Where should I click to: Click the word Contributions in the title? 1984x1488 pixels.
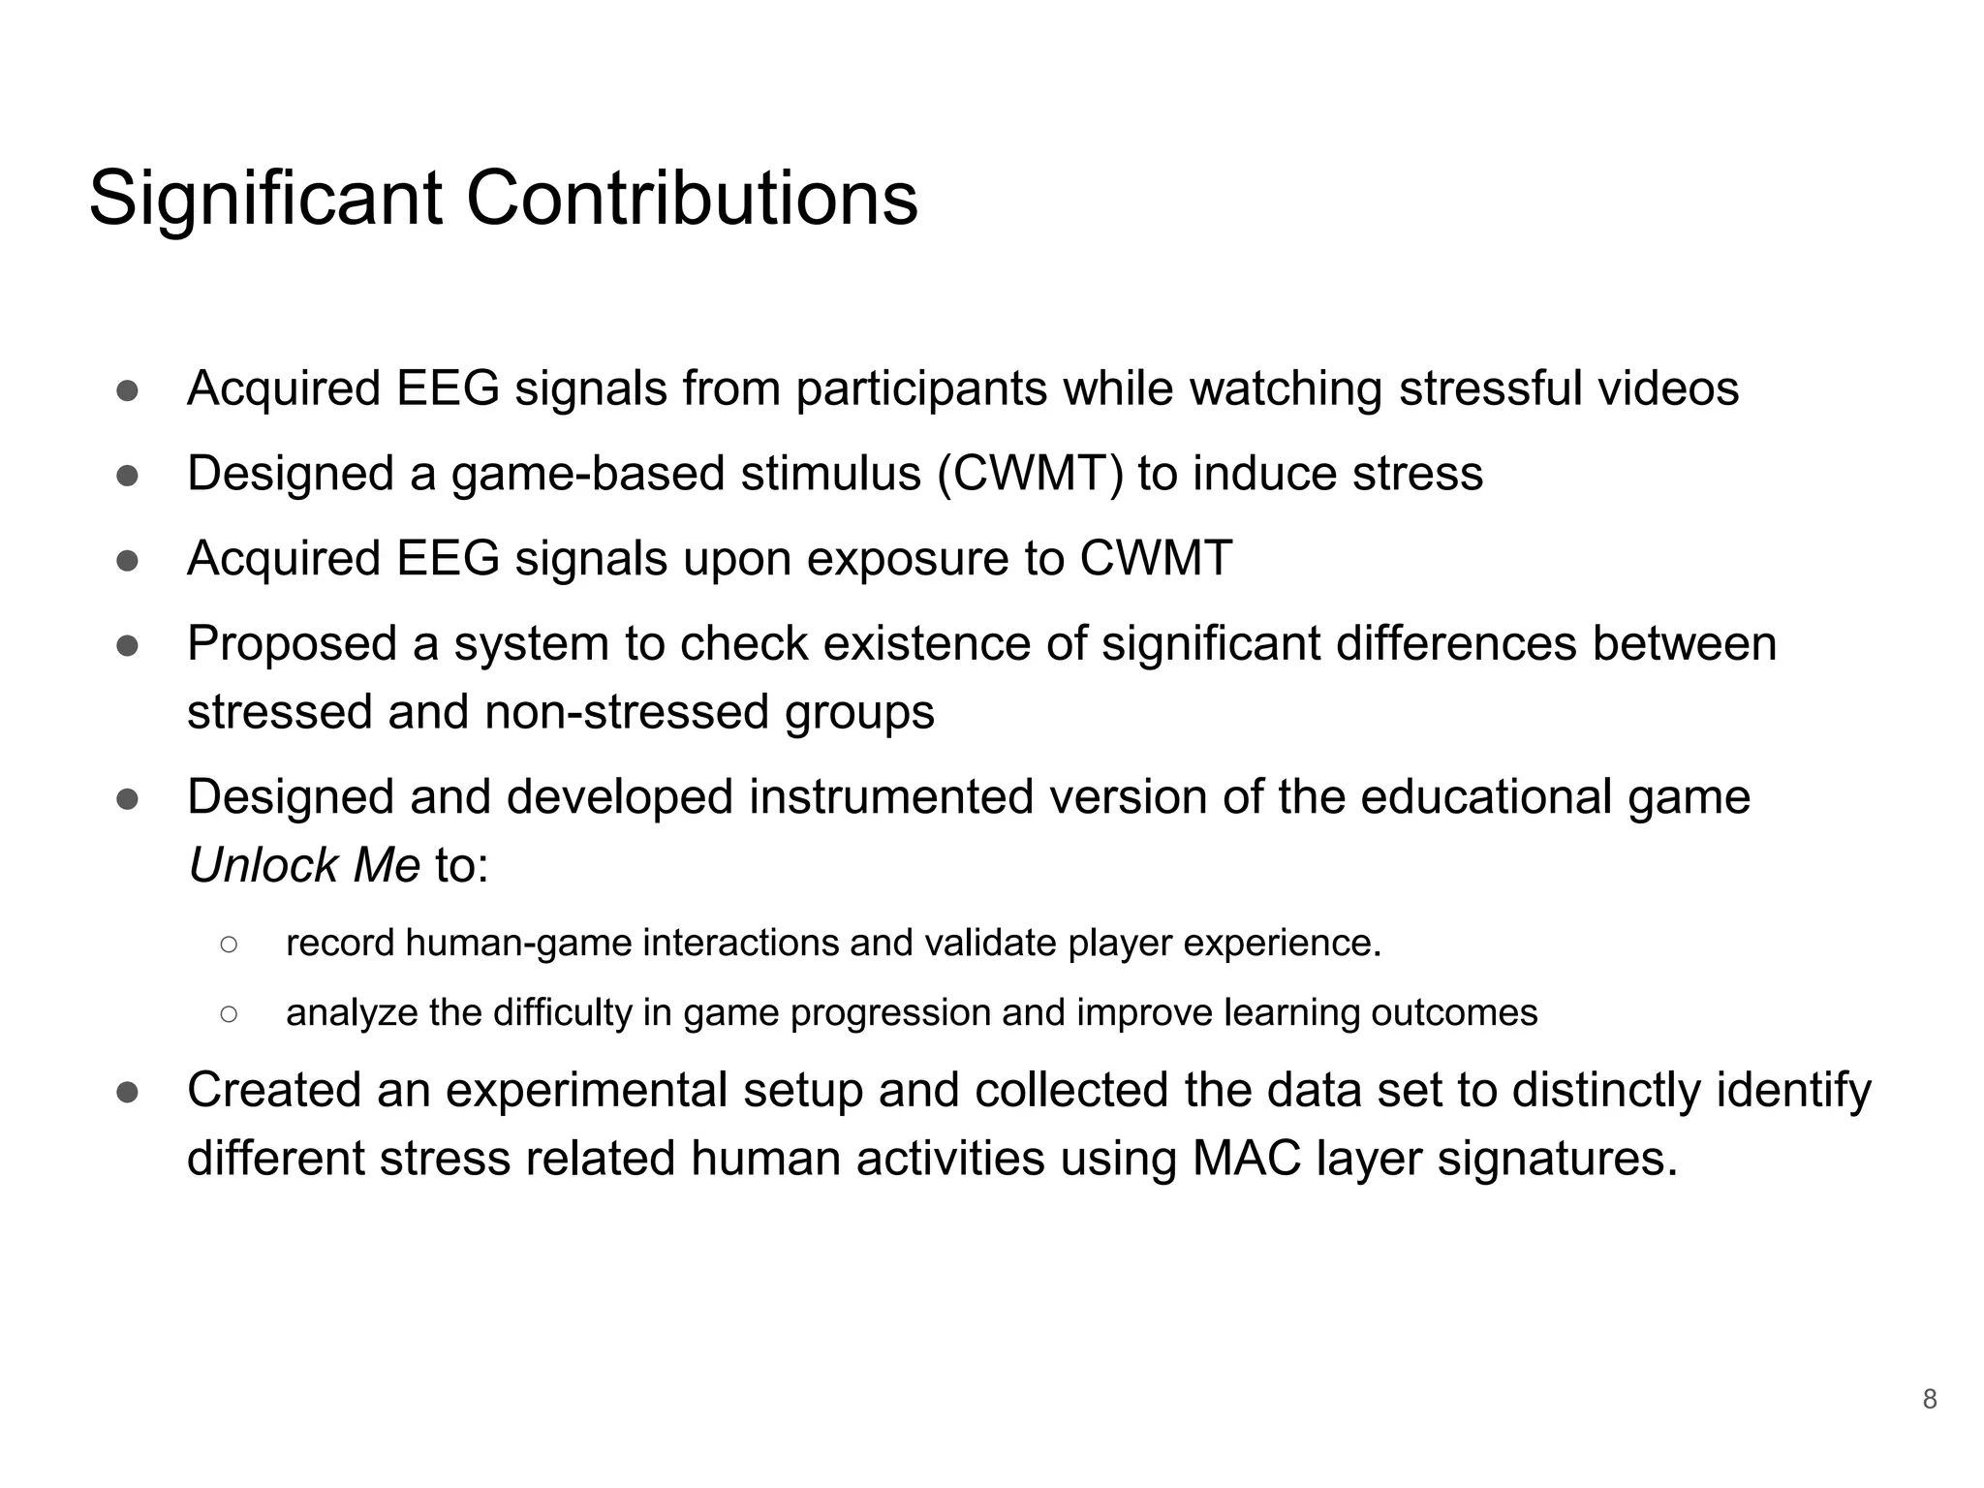692,199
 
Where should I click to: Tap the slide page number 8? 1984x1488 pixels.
1929,1400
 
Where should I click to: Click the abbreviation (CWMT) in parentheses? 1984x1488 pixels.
1030,474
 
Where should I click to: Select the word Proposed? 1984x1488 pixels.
292,644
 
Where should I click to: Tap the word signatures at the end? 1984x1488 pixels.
1557,1158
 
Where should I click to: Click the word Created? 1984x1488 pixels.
274,1090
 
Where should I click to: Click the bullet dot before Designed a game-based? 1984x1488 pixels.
127,476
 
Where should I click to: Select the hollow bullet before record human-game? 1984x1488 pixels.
229,944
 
